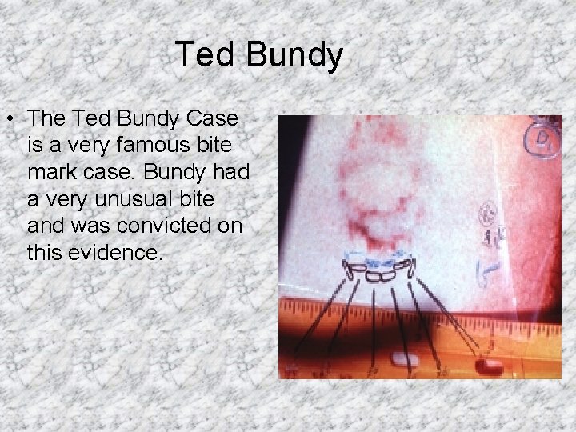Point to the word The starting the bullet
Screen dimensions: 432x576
48,118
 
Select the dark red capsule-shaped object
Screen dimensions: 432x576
487,367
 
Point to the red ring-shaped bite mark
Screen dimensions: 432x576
370,192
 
